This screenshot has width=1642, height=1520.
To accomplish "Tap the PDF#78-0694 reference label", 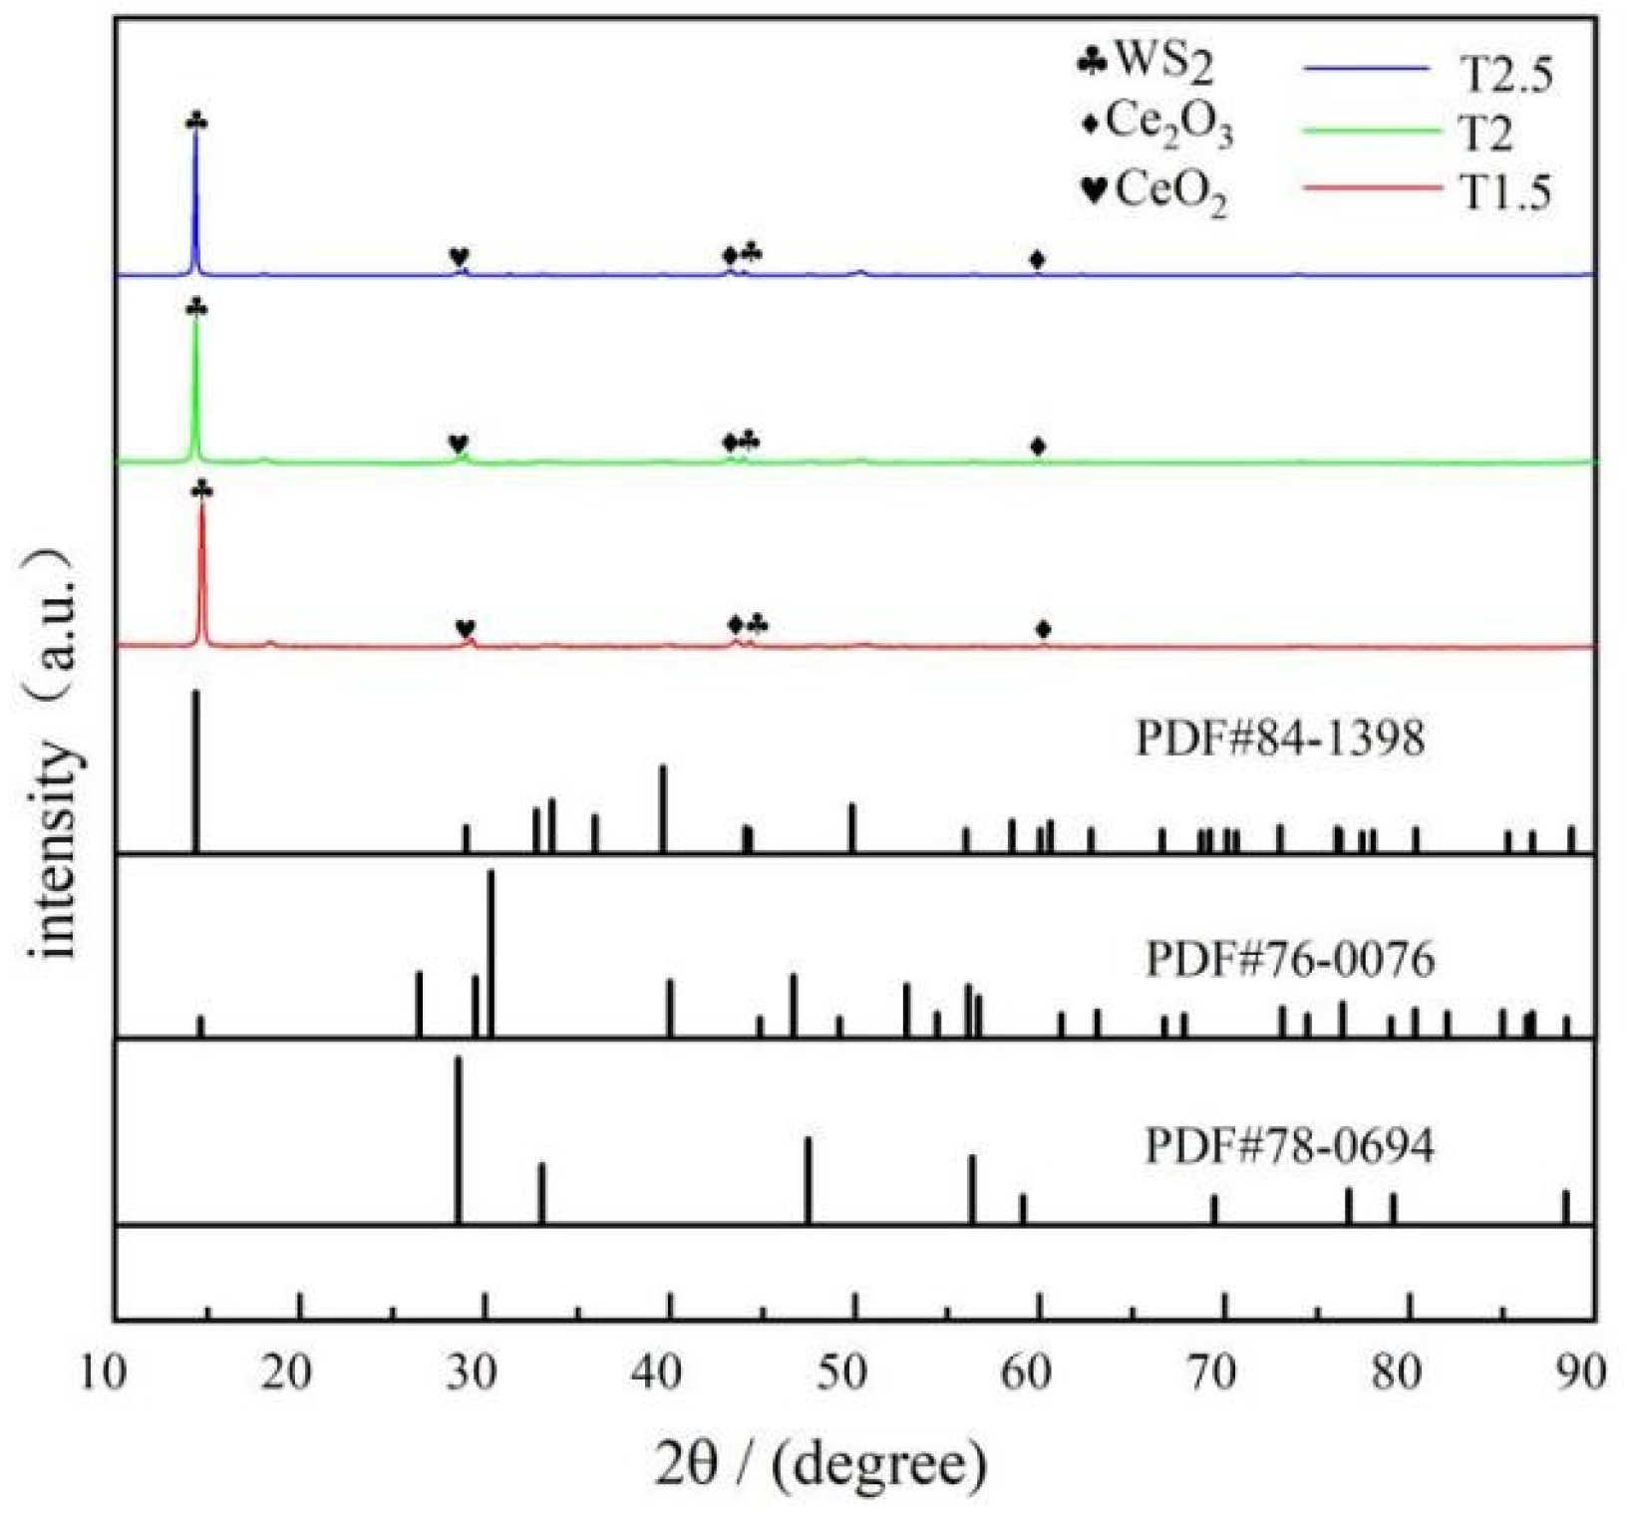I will coord(1289,1146).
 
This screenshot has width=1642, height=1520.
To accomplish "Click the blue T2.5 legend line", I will coord(1366,68).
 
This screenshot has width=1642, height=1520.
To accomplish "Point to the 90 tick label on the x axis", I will coord(1580,1373).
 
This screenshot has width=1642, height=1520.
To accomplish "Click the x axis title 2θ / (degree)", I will coord(821,1463).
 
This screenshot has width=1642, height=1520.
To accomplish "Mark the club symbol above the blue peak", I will coord(196,122).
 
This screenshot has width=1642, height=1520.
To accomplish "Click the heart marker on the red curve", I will coord(466,628).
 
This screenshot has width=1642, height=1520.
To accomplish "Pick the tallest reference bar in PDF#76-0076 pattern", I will coord(491,952).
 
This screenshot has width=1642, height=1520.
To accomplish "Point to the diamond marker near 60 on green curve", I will coord(1038,446).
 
